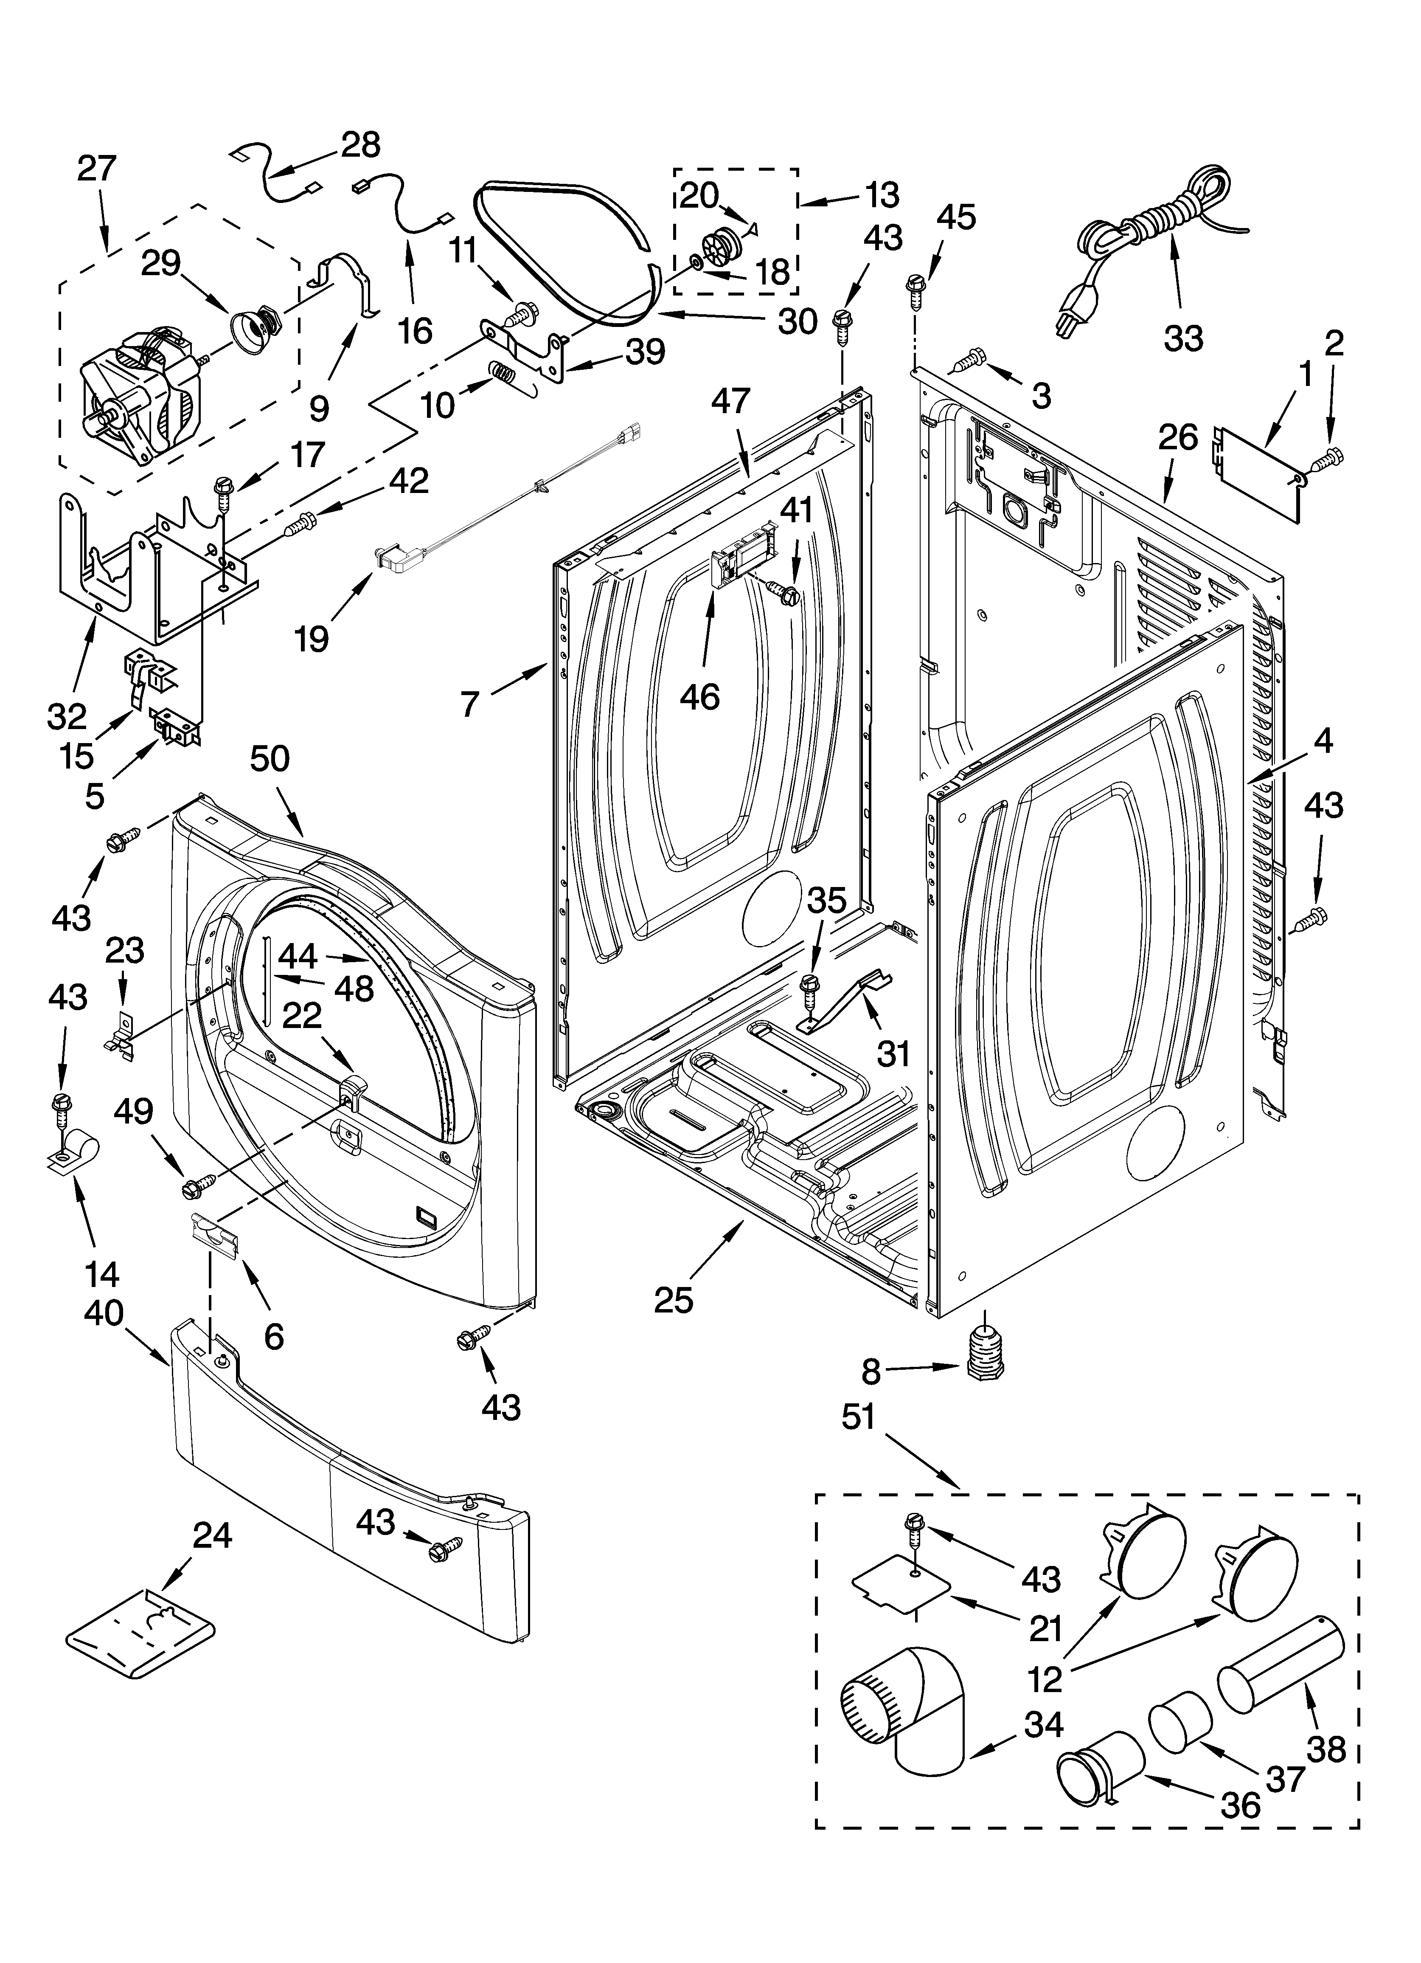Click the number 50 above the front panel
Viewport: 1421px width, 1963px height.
tap(269, 759)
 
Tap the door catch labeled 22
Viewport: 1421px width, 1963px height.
tap(353, 1087)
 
